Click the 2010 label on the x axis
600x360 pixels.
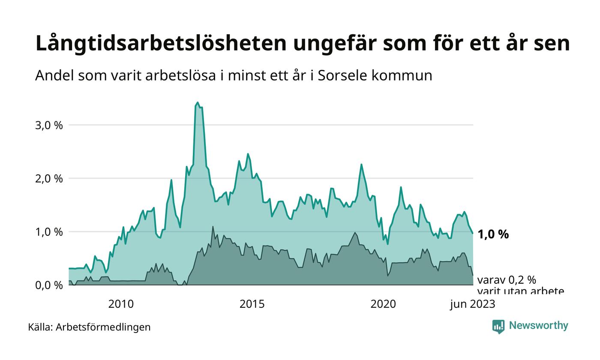(121, 304)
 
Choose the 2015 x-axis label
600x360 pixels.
(252, 304)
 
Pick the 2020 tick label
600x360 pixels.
(383, 304)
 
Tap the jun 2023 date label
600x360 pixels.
(472, 304)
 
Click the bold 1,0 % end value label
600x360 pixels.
(493, 234)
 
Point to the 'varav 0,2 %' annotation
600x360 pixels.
(506, 280)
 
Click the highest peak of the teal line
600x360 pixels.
(198, 102)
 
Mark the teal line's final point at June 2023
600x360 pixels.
(473, 234)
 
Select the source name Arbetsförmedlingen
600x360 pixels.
(103, 327)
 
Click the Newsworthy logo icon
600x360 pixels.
(498, 326)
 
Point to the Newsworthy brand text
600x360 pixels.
(538, 326)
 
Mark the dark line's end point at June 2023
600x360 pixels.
(473, 275)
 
